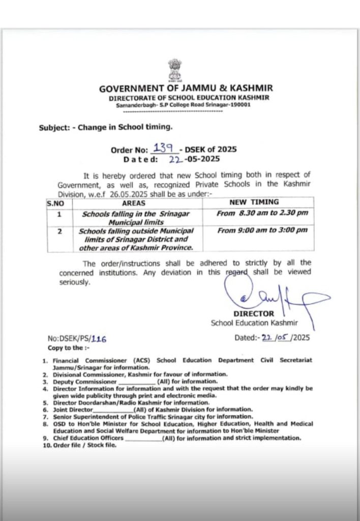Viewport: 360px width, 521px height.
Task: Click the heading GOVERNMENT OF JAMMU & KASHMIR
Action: (186, 88)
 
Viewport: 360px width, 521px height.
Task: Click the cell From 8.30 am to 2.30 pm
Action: (262, 213)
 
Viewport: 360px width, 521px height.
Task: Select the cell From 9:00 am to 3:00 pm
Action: (262, 230)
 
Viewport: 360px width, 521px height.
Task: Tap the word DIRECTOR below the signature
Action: (254, 314)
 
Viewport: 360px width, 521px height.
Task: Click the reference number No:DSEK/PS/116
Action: (77, 338)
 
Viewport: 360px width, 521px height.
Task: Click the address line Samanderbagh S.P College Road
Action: (183, 105)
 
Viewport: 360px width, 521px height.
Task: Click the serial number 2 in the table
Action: (59, 230)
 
